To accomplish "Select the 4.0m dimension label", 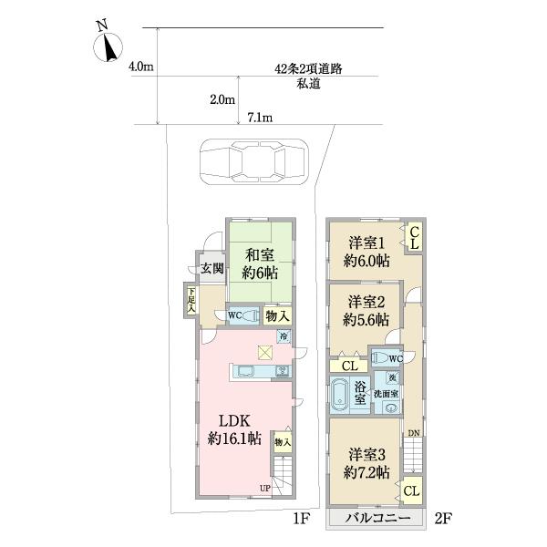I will click(x=141, y=67).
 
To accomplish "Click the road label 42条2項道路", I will click(x=308, y=69).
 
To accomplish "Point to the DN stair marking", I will click(x=414, y=433).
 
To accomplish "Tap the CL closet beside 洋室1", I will click(x=413, y=239).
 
